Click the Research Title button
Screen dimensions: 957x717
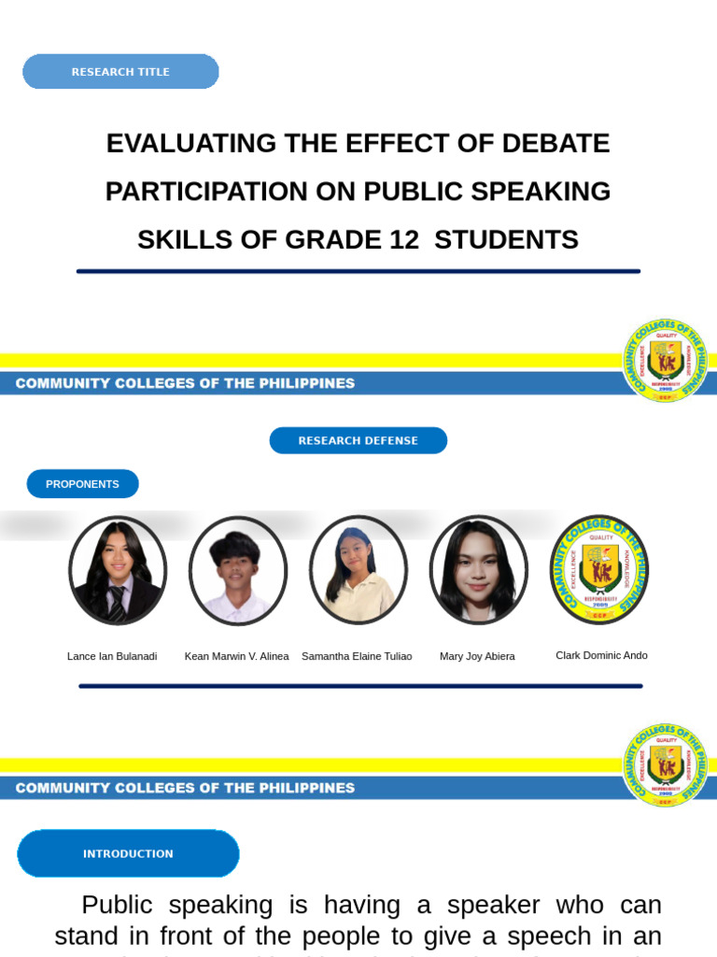coord(120,72)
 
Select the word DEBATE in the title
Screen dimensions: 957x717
coord(555,144)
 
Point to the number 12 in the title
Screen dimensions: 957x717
coord(404,240)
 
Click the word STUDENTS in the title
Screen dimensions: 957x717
coord(506,240)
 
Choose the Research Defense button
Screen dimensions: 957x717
coord(358,440)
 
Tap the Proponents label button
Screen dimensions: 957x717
coord(82,484)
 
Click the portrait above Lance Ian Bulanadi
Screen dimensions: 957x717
coord(118,570)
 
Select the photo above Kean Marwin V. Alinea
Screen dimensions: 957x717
coord(237,570)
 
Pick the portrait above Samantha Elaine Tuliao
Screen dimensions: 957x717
coord(358,570)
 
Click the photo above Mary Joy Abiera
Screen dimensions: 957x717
coord(478,570)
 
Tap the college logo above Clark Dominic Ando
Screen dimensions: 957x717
coord(598,569)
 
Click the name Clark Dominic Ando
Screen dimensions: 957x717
coord(601,655)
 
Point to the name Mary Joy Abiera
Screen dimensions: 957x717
coord(477,656)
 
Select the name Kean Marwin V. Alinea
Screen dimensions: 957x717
coord(236,656)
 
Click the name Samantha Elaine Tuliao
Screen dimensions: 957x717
coord(357,656)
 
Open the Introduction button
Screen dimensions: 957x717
coord(128,853)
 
